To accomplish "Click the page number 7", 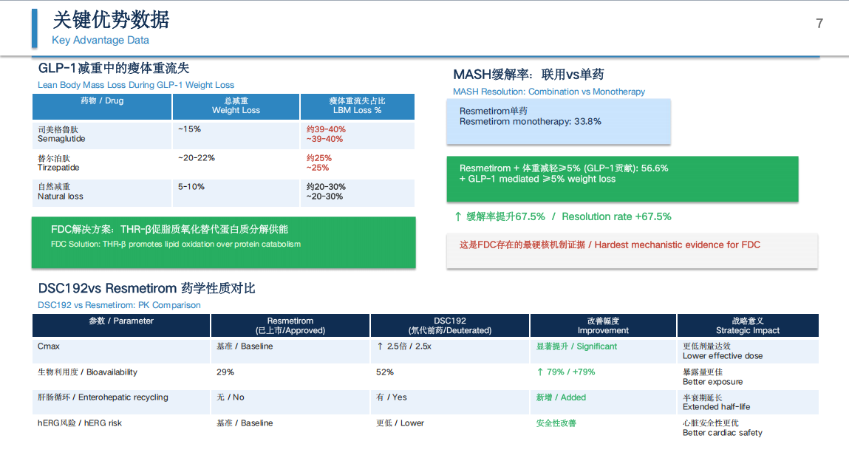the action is click(819, 24).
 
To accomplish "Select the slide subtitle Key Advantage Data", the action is click(100, 40).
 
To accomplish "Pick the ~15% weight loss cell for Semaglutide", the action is click(189, 129).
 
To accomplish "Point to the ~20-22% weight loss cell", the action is click(197, 158).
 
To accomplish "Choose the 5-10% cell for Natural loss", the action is click(191, 187).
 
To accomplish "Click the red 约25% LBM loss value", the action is click(319, 158).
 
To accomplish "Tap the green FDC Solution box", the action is click(224, 242).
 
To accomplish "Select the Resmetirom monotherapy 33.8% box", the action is click(559, 122).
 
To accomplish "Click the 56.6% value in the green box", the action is click(655, 168).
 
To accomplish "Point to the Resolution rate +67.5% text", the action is click(616, 216).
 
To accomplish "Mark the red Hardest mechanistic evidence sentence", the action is click(610, 245).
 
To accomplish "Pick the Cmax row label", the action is click(49, 346).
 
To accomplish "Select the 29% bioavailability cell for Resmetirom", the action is click(225, 372).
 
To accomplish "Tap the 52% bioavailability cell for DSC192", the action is click(385, 372).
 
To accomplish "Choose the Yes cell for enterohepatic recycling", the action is click(392, 397).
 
